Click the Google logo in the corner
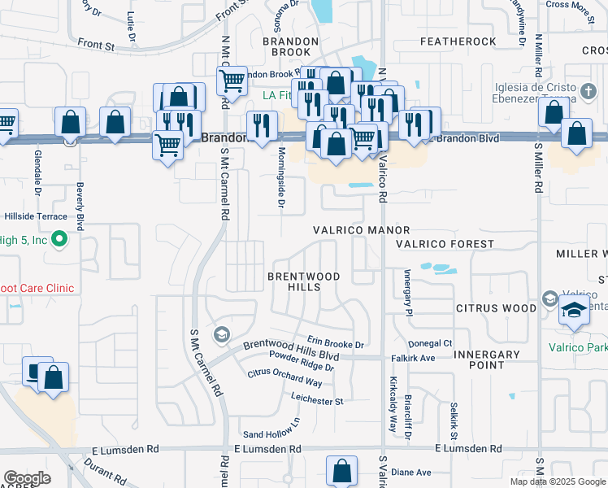pos(28,478)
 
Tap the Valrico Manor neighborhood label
pos(362,231)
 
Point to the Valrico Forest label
pos(445,244)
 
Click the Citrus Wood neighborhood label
pos(496,309)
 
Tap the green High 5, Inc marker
pos(59,239)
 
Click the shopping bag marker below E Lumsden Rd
pos(342,470)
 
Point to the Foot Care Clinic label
pos(37,288)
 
